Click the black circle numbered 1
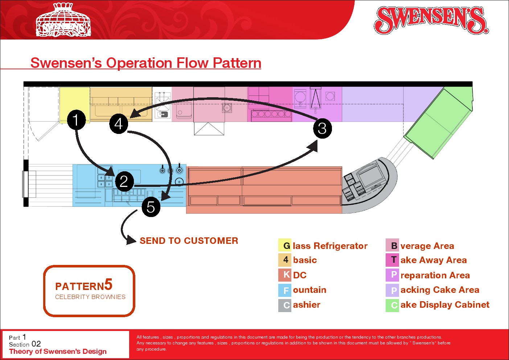[76, 120]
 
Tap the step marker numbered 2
[124, 181]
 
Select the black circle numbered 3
[322, 128]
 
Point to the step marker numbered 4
[119, 124]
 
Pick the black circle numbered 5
[151, 207]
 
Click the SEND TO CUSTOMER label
[189, 241]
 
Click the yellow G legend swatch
[285, 245]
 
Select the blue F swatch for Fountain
[285, 290]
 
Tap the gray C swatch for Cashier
[285, 305]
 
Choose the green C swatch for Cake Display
[392, 305]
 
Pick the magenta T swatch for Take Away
[392, 260]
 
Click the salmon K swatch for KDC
[285, 275]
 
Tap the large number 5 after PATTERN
[108, 285]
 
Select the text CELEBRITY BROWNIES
[90, 297]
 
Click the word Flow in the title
[192, 63]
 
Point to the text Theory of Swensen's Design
[58, 351]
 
